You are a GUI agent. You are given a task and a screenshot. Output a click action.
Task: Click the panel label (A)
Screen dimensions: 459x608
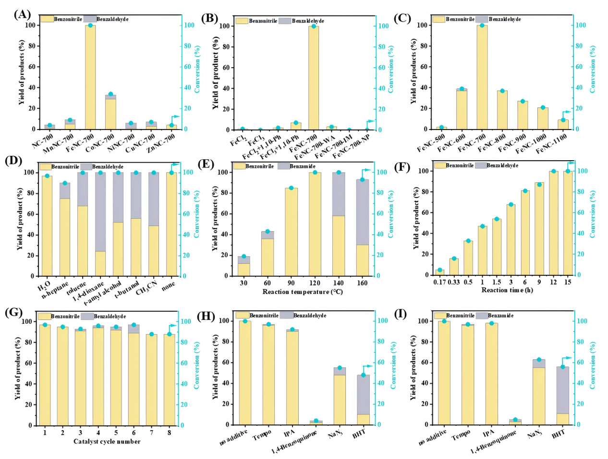pos(22,14)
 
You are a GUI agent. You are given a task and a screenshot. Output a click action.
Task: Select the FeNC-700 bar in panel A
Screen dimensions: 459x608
pos(90,77)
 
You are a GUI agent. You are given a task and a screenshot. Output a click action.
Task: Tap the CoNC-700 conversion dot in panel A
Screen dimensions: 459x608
pos(110,94)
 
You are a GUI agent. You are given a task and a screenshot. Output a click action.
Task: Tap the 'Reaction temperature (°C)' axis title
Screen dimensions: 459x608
pos(303,292)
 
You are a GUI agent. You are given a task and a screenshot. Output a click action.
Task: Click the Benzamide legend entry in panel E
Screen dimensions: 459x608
pos(297,166)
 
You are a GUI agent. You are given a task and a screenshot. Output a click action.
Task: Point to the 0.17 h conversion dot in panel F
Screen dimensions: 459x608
pos(439,270)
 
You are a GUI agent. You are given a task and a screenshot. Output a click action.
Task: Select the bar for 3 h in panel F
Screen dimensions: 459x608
pos(511,239)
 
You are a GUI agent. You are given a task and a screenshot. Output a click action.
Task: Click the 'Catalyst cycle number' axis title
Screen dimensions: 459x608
pos(107,442)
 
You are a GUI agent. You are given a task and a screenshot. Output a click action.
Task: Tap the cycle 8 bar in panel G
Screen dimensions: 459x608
pos(169,379)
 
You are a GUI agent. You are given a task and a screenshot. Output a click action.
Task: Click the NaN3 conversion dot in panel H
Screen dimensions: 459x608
pos(340,368)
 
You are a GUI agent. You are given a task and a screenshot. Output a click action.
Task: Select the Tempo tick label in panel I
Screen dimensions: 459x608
pos(461,435)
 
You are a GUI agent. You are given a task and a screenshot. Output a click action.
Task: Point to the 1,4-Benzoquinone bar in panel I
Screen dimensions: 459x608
pos(515,422)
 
